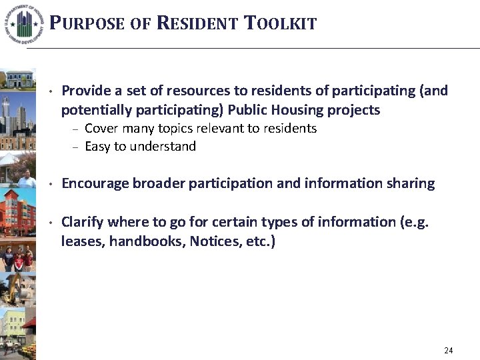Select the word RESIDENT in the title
point(197,24)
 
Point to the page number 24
point(448,350)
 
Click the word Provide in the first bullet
point(85,91)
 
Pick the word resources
point(179,91)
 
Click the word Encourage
point(93,184)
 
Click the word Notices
point(214,241)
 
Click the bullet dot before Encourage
point(51,184)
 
